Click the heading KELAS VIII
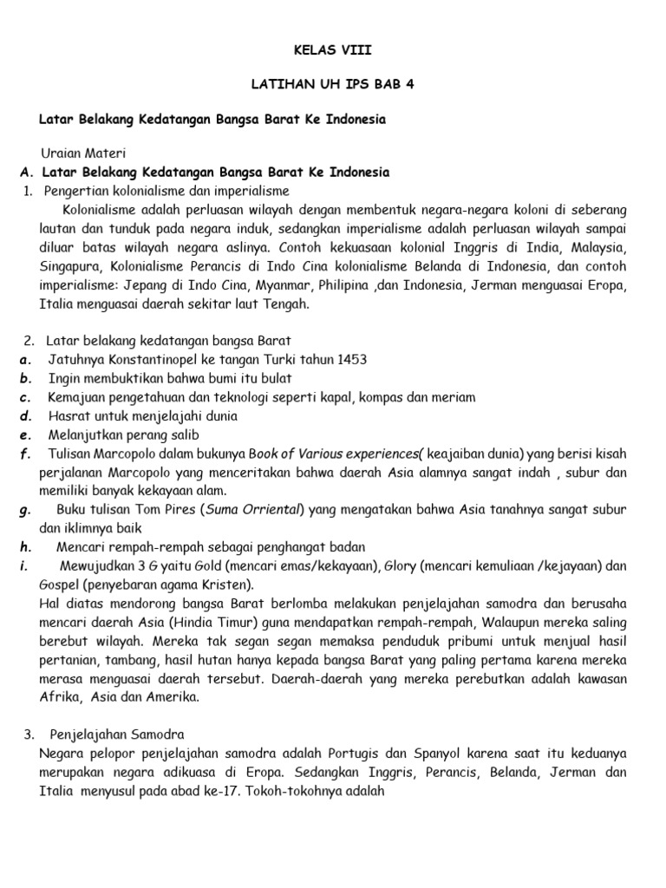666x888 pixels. (332, 51)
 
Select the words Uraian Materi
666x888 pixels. (81, 153)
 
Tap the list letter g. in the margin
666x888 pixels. (23, 509)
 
